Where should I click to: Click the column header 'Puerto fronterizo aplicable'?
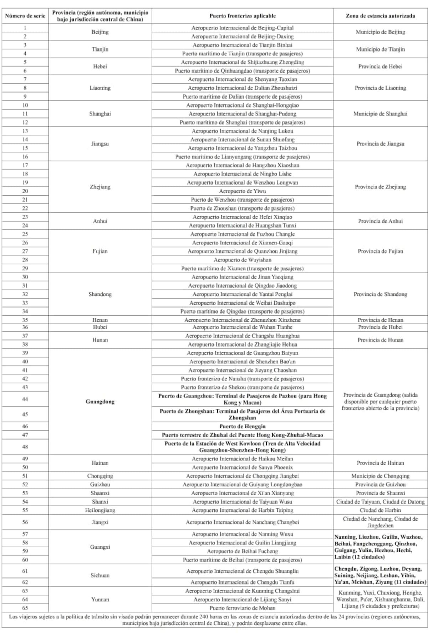click(242, 16)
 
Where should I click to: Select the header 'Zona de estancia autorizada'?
click(380, 16)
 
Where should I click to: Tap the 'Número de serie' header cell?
click(25, 16)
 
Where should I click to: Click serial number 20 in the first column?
click(25, 191)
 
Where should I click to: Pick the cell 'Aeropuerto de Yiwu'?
click(242, 191)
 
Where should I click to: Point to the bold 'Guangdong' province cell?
click(100, 402)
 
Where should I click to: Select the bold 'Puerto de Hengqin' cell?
click(242, 426)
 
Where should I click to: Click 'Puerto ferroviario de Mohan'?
click(242, 608)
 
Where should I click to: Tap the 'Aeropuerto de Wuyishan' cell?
click(242, 260)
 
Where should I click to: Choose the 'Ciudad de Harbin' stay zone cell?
click(380, 510)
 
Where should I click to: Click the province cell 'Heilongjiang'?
click(100, 510)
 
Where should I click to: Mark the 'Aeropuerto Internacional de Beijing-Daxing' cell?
click(242, 36)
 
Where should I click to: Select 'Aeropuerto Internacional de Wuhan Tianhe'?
click(242, 327)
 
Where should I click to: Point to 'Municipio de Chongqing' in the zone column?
click(380, 476)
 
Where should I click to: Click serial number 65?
click(25, 608)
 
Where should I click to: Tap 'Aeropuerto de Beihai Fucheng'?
click(242, 551)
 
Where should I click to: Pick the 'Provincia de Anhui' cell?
click(380, 221)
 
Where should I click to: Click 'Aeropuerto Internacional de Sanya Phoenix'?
click(242, 467)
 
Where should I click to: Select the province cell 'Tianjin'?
click(100, 49)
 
